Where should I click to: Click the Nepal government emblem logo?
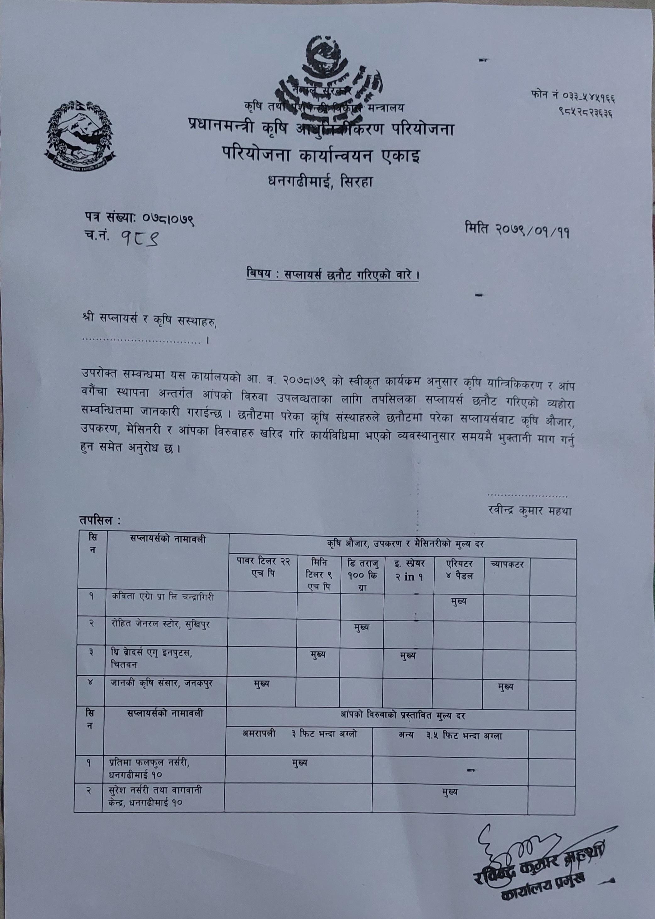80,136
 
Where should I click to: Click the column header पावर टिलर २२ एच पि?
263,567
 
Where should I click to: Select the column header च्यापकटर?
507,564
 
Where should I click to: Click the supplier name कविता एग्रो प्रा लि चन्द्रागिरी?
163,597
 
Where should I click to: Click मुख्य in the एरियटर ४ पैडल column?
459,601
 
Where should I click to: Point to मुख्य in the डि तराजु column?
361,628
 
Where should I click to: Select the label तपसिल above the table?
100,521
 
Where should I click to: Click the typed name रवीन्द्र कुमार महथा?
530,511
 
